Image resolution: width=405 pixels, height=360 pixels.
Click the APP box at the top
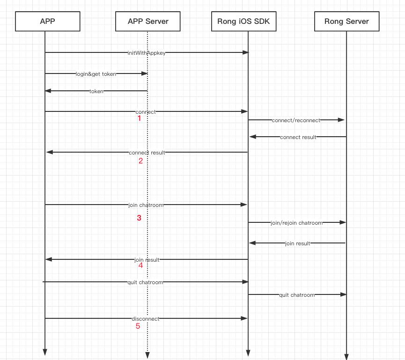(45, 21)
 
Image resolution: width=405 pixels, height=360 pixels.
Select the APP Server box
(148, 21)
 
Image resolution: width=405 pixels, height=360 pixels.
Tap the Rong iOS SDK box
(243, 21)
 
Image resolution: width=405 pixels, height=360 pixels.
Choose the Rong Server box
(346, 21)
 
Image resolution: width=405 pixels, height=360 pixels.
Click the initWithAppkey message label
(147, 53)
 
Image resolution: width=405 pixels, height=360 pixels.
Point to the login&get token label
(96, 73)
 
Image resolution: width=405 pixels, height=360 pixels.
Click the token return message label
(96, 91)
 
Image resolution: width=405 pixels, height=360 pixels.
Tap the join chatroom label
(146, 205)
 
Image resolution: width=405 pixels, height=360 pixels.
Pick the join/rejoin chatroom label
(296, 223)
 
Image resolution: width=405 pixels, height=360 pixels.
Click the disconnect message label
(145, 319)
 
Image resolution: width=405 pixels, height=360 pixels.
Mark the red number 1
(139, 119)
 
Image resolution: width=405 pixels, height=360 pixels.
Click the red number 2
(140, 161)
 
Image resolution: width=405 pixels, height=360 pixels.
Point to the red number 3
(139, 218)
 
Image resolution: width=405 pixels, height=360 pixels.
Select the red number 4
(140, 265)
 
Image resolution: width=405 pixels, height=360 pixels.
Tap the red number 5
(138, 326)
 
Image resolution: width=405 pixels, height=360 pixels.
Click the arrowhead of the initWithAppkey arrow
(245, 53)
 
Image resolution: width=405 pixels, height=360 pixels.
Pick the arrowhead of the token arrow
(48, 91)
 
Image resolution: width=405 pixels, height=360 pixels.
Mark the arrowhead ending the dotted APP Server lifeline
(147, 355)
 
